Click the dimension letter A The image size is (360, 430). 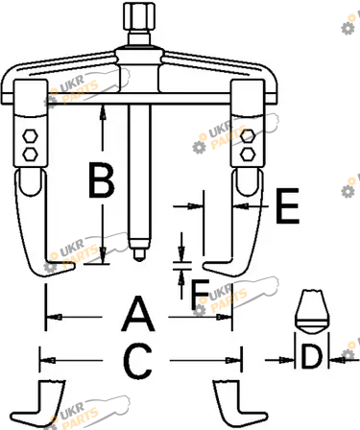138,314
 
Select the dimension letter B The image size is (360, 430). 101,179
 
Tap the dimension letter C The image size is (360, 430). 137,361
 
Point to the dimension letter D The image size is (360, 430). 312,356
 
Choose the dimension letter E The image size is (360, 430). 287,205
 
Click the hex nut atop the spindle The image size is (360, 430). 139,15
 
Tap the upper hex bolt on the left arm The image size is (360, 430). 30,136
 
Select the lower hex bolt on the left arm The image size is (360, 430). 30,155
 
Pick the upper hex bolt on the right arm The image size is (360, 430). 248,136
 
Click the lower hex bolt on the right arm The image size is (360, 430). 248,155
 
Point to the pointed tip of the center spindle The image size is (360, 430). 139,260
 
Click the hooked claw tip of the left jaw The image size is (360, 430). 74,266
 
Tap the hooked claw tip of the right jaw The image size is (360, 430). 204,266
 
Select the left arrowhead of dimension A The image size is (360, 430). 54,318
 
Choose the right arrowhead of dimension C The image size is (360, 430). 233,361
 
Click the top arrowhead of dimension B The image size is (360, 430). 103,112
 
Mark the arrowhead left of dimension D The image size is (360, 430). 287,360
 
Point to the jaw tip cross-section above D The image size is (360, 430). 312,312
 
